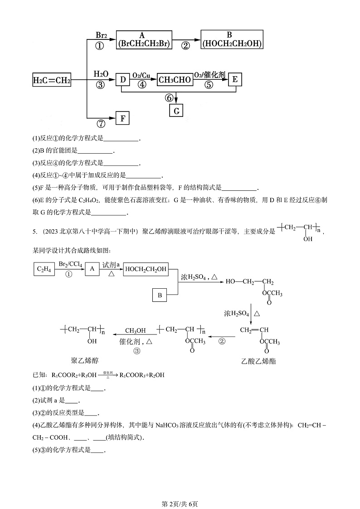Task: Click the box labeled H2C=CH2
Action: click(x=52, y=80)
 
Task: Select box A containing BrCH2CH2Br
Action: click(x=142, y=40)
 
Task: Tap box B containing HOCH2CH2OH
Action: click(x=232, y=40)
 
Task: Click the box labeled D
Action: click(x=122, y=80)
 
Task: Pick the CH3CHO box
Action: click(x=175, y=80)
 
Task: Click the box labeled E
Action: click(x=235, y=79)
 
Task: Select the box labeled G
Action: click(x=176, y=110)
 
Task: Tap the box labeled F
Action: click(x=122, y=119)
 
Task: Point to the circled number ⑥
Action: click(x=169, y=97)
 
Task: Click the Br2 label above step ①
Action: click(x=101, y=35)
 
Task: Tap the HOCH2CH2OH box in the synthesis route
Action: click(x=146, y=269)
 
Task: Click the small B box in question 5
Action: click(x=160, y=295)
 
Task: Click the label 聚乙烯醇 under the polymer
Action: click(x=85, y=360)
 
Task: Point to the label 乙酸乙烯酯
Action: click(x=259, y=361)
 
